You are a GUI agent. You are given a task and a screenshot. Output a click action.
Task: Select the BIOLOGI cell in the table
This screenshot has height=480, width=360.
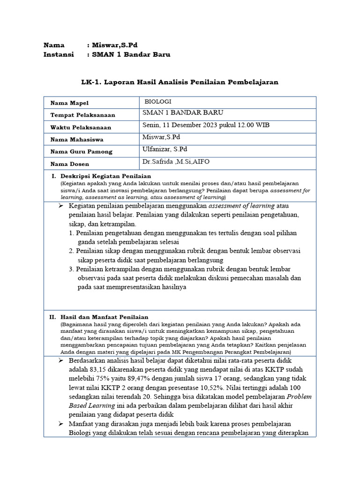pos(158,101)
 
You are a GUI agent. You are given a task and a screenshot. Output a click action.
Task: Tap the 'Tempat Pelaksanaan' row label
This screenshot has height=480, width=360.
pos(82,115)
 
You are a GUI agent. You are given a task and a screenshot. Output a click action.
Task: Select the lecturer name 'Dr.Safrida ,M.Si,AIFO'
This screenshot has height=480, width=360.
pos(176,162)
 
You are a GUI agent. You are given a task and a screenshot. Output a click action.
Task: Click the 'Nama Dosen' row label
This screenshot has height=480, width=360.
pos(69,164)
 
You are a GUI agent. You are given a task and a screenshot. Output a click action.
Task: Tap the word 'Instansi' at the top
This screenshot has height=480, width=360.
pos(59,54)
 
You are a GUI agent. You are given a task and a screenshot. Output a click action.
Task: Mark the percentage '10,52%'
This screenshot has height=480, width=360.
pos(224,387)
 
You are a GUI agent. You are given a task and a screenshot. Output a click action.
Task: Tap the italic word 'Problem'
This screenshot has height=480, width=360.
pos(299,396)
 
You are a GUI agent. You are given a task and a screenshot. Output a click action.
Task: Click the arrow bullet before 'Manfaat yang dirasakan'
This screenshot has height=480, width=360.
pos(61,424)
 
